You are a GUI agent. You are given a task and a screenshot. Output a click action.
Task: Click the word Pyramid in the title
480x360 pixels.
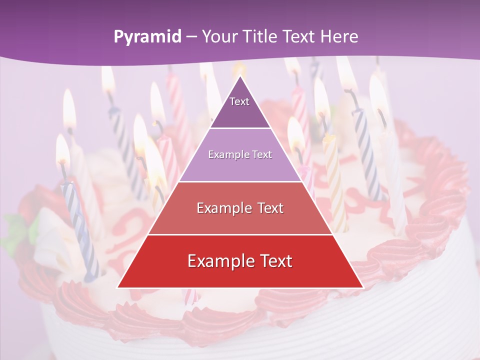point(147,36)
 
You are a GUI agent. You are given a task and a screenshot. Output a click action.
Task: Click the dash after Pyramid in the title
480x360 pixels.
point(191,37)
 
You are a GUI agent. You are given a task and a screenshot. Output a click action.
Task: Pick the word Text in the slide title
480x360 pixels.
point(299,36)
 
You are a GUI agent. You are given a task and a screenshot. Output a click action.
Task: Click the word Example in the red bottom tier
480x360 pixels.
point(217,261)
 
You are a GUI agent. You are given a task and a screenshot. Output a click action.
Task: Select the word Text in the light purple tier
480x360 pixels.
point(261,154)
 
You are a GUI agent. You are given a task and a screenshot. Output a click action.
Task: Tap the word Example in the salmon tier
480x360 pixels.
point(223,208)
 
